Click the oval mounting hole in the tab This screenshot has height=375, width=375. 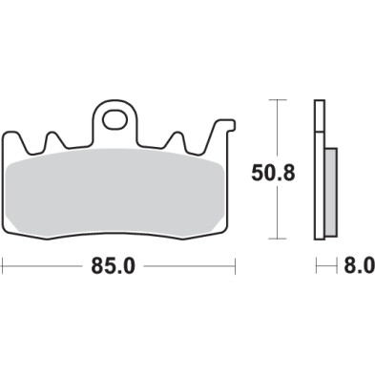(116, 120)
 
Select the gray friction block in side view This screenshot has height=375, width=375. (331, 192)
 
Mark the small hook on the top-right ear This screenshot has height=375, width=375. (226, 123)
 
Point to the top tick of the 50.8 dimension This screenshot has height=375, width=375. (277, 99)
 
